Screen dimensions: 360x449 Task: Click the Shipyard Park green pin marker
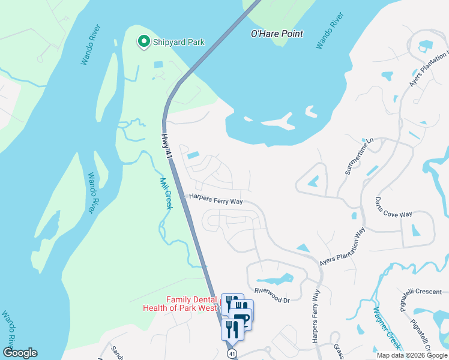(x=144, y=41)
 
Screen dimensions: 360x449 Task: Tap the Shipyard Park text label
(x=178, y=42)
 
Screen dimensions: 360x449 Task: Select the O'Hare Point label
(x=277, y=34)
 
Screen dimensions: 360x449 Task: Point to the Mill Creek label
(x=166, y=193)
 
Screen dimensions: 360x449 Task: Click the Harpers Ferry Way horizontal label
(x=216, y=199)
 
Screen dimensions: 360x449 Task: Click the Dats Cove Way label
(x=393, y=206)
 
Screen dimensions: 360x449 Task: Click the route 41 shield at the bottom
(x=232, y=353)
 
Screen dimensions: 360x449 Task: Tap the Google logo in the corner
(x=20, y=353)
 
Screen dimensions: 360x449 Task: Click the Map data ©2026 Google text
(x=411, y=355)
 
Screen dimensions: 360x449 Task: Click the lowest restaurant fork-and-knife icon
(x=232, y=329)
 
